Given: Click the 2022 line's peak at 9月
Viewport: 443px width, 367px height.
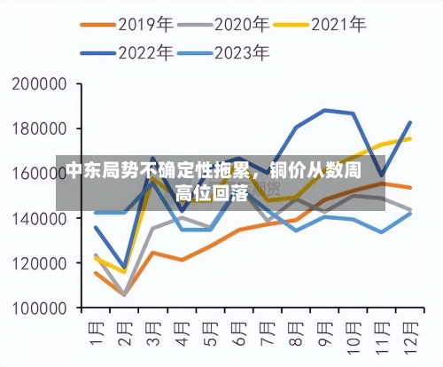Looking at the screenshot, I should pos(325,110).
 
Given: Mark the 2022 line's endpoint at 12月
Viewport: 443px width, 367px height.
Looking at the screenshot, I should pos(410,122).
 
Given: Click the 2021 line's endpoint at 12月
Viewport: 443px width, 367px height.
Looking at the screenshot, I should pos(410,138).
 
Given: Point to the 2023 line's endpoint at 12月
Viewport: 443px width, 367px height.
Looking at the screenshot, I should pos(410,213).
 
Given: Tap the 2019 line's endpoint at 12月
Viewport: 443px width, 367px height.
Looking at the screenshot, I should pos(410,187).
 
